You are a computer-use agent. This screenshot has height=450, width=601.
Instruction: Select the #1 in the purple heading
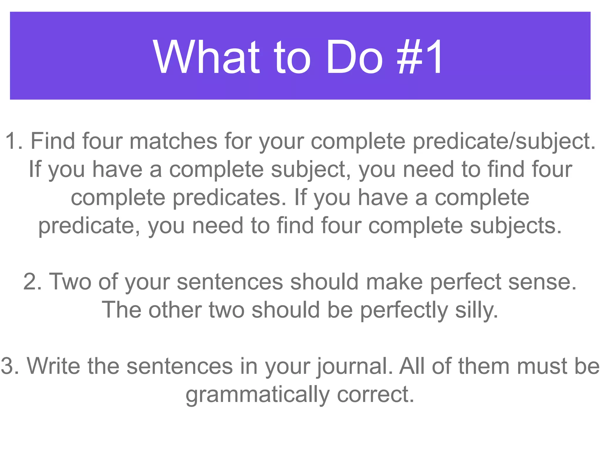click(x=420, y=57)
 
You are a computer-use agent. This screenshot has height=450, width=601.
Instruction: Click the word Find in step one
click(x=53, y=141)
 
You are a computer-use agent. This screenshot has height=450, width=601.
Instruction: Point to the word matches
click(x=173, y=141)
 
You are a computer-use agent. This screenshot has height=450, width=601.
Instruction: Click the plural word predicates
click(x=229, y=198)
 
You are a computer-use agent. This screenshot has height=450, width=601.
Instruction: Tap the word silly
click(x=477, y=310)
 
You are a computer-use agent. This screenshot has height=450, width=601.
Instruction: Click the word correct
click(x=376, y=394)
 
